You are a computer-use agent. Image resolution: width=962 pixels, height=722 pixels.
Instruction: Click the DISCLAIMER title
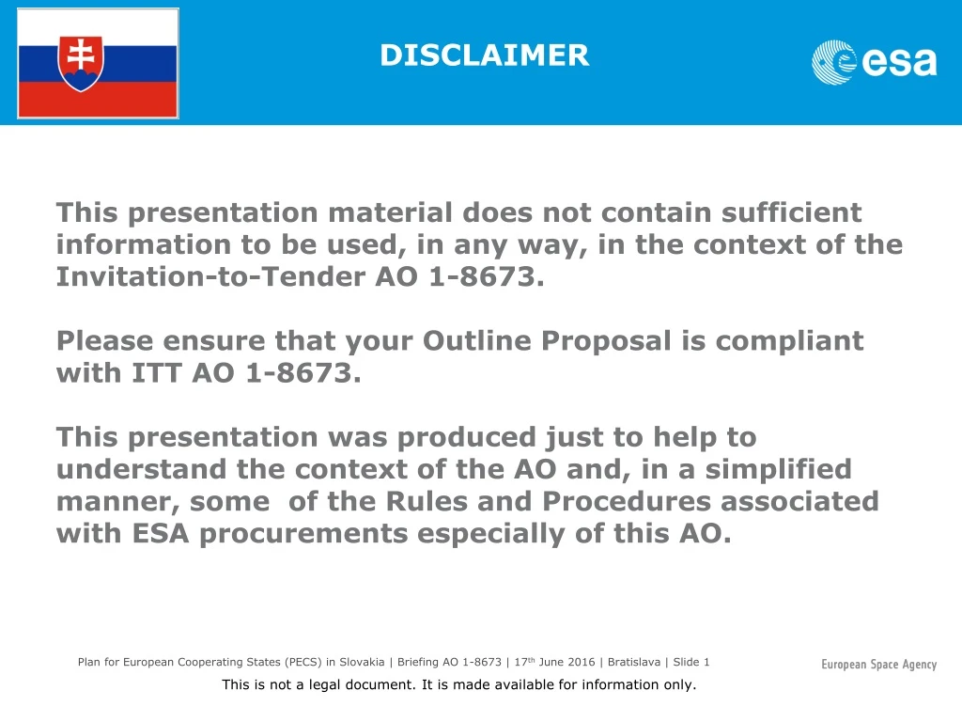(484, 55)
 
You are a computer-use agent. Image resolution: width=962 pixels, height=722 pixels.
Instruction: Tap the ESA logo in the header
(874, 62)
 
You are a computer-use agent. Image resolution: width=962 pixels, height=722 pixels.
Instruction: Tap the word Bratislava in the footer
(635, 662)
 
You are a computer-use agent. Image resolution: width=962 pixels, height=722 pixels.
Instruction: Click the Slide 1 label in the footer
(691, 662)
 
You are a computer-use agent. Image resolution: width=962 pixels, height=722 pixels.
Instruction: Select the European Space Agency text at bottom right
(878, 665)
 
